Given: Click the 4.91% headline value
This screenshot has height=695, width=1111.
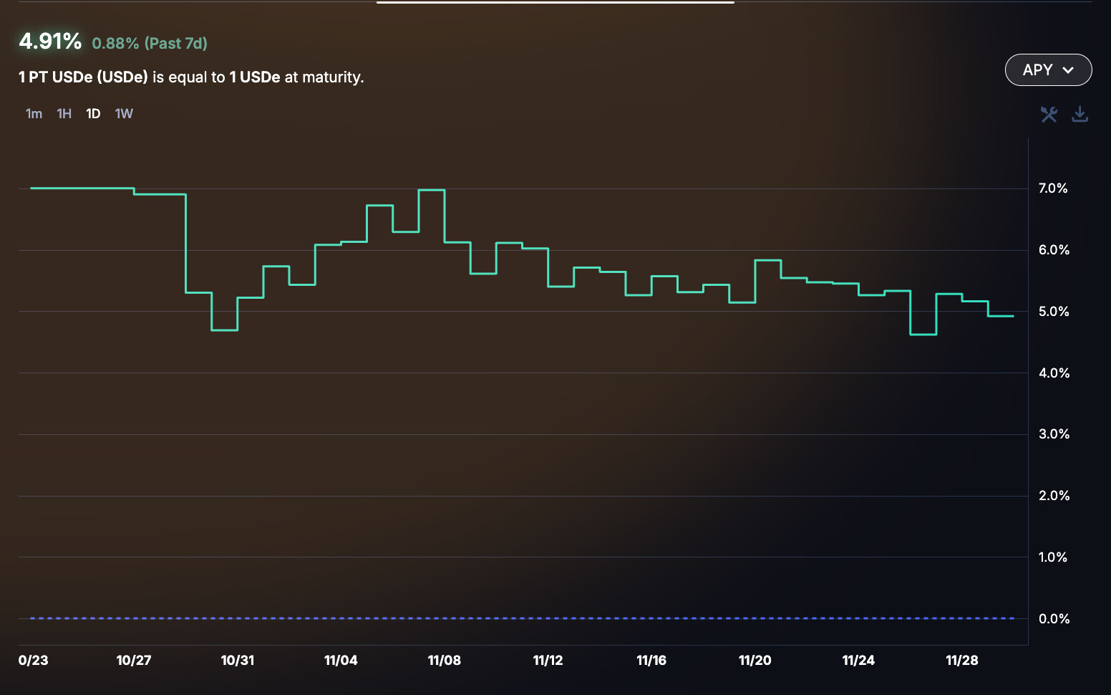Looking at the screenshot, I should (x=50, y=42).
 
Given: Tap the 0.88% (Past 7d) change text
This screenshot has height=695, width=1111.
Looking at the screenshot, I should (x=150, y=44).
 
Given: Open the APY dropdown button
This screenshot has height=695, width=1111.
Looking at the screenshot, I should (x=1048, y=70).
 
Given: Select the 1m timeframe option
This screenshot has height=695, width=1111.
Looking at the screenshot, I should (x=34, y=114).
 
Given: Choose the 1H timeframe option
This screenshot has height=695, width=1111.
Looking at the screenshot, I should (x=64, y=114).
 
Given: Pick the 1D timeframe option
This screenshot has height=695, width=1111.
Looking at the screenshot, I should (x=93, y=114).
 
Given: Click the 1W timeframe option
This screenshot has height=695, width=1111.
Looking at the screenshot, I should (x=124, y=114).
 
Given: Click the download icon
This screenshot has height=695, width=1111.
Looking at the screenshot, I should (x=1080, y=114).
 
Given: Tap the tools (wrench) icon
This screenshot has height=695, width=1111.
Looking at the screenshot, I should (x=1049, y=114).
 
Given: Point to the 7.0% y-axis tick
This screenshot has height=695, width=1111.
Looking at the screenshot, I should (x=1053, y=188).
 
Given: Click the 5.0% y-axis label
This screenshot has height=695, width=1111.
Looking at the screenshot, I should (x=1054, y=312).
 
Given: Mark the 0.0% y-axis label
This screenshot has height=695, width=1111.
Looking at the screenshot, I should (x=1054, y=619).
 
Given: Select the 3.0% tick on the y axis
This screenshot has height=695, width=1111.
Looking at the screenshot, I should (x=1054, y=434).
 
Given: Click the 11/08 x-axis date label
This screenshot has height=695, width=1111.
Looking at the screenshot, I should (x=445, y=661).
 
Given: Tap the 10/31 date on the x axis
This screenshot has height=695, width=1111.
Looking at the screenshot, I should (x=238, y=661).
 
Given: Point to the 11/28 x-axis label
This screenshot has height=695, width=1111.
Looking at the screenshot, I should (x=962, y=661).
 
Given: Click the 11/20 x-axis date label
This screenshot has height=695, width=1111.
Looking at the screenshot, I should (x=755, y=661).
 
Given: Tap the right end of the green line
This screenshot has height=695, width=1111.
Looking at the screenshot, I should (x=1012, y=316).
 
